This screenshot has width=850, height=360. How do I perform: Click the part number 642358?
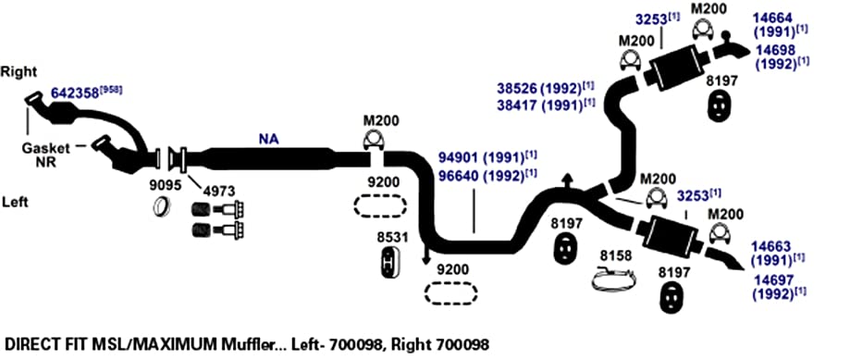75,93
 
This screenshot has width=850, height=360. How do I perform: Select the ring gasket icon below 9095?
162,206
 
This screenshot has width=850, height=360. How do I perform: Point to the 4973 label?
219,191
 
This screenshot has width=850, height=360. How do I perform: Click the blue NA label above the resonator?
268,140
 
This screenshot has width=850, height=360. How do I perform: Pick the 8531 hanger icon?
388,264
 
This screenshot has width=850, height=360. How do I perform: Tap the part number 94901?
459,159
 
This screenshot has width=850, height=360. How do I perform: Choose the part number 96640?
459,176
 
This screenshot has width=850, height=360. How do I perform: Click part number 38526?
517,88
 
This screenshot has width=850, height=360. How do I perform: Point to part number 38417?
517,105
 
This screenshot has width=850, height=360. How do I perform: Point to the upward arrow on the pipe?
567,180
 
